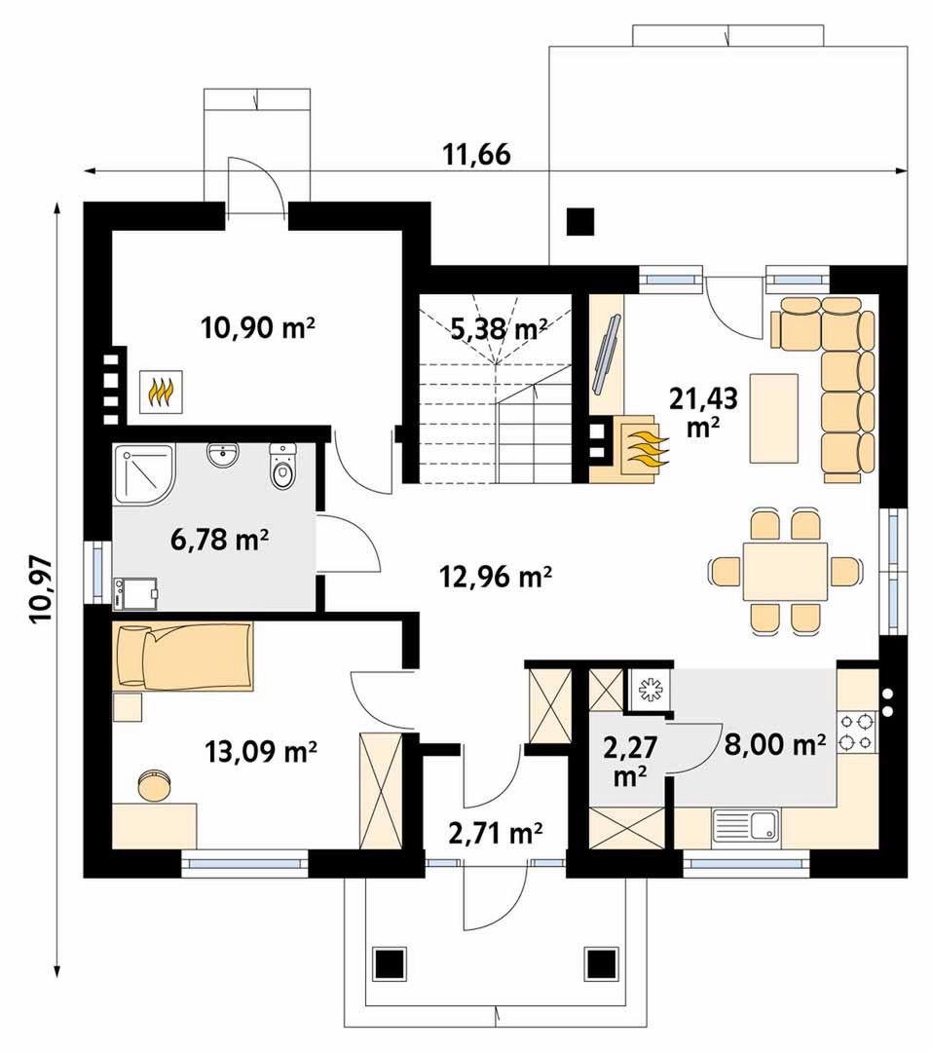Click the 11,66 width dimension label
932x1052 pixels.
[476, 154]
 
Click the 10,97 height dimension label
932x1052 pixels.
[41, 589]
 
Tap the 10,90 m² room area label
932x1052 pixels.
[258, 328]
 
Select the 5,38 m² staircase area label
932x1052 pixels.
[499, 329]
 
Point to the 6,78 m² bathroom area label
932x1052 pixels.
[220, 539]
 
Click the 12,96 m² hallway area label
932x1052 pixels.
[496, 576]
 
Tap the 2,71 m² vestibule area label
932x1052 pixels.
[495, 833]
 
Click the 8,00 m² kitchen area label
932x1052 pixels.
[775, 743]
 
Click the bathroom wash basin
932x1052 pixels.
[222, 455]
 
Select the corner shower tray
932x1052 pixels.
[143, 472]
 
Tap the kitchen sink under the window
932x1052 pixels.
[746, 825]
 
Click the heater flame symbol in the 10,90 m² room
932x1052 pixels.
[161, 392]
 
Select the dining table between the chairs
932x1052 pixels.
[785, 572]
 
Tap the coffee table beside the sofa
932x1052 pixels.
[774, 419]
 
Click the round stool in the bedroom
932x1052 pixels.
[156, 785]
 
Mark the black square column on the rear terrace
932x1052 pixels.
[580, 221]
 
